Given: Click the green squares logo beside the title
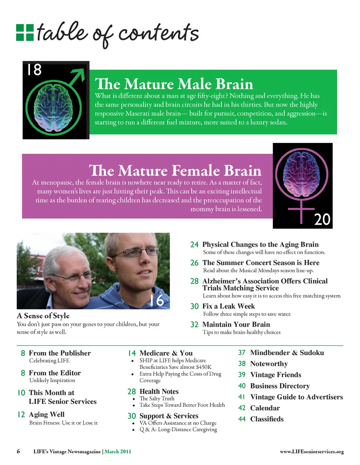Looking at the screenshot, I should click(x=25, y=32).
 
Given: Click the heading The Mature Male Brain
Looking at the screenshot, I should click(x=174, y=84).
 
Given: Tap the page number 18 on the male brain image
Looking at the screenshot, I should click(x=34, y=70).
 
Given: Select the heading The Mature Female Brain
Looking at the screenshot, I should click(x=175, y=170).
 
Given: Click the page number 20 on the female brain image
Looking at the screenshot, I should click(x=322, y=220).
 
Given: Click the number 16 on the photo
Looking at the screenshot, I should click(x=157, y=300).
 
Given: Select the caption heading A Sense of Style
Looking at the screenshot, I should click(x=43, y=316).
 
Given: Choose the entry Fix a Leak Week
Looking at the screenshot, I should click(x=228, y=306).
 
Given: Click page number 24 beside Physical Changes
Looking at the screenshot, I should click(x=194, y=245).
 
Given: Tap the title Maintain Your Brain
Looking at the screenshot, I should click(x=236, y=324).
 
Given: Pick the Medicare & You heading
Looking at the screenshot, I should click(x=166, y=353).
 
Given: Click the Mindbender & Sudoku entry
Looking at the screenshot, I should click(x=287, y=353).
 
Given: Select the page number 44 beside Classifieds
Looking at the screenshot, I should click(x=242, y=419).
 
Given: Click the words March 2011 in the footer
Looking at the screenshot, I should click(x=118, y=451).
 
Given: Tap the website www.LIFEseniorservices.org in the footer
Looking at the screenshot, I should click(x=312, y=451).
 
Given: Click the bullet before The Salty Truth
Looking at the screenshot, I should click(x=133, y=399).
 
